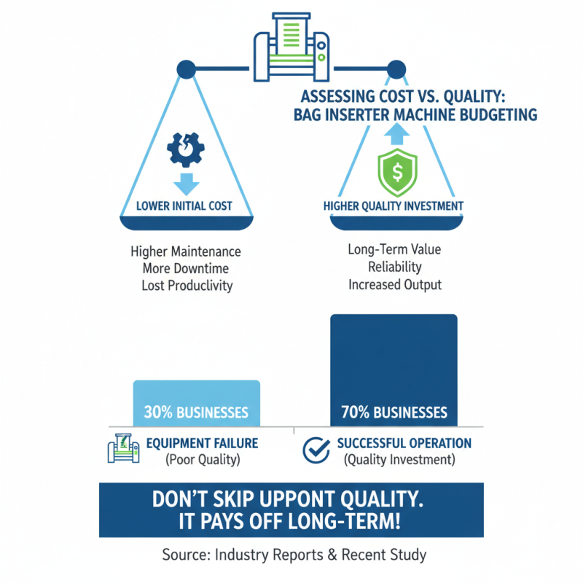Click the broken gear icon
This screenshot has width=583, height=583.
[x=186, y=149]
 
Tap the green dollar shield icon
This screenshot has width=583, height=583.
[x=397, y=173]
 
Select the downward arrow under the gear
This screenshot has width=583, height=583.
[x=187, y=184]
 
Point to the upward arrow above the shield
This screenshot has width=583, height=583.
[x=396, y=134]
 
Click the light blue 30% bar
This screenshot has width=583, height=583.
[x=197, y=403]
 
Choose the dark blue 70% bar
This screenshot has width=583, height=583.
[x=394, y=370]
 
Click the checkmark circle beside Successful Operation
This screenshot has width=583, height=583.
[x=316, y=450]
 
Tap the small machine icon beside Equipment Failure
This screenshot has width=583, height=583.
[x=123, y=448]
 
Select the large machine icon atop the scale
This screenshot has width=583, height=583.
[x=291, y=47]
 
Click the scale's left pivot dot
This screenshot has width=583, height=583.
[x=187, y=69]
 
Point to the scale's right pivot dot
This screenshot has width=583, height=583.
[x=396, y=69]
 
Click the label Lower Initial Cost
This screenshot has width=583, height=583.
[x=184, y=206]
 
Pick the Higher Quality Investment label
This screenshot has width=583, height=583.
[x=394, y=206]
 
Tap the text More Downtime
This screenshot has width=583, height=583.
[x=186, y=268]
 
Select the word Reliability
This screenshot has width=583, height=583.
[x=395, y=267]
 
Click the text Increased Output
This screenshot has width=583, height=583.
[x=395, y=285]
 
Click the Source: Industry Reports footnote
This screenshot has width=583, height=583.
[x=294, y=555]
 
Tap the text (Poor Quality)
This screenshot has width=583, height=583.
[x=203, y=460]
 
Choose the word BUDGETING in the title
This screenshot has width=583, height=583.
[x=498, y=115]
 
